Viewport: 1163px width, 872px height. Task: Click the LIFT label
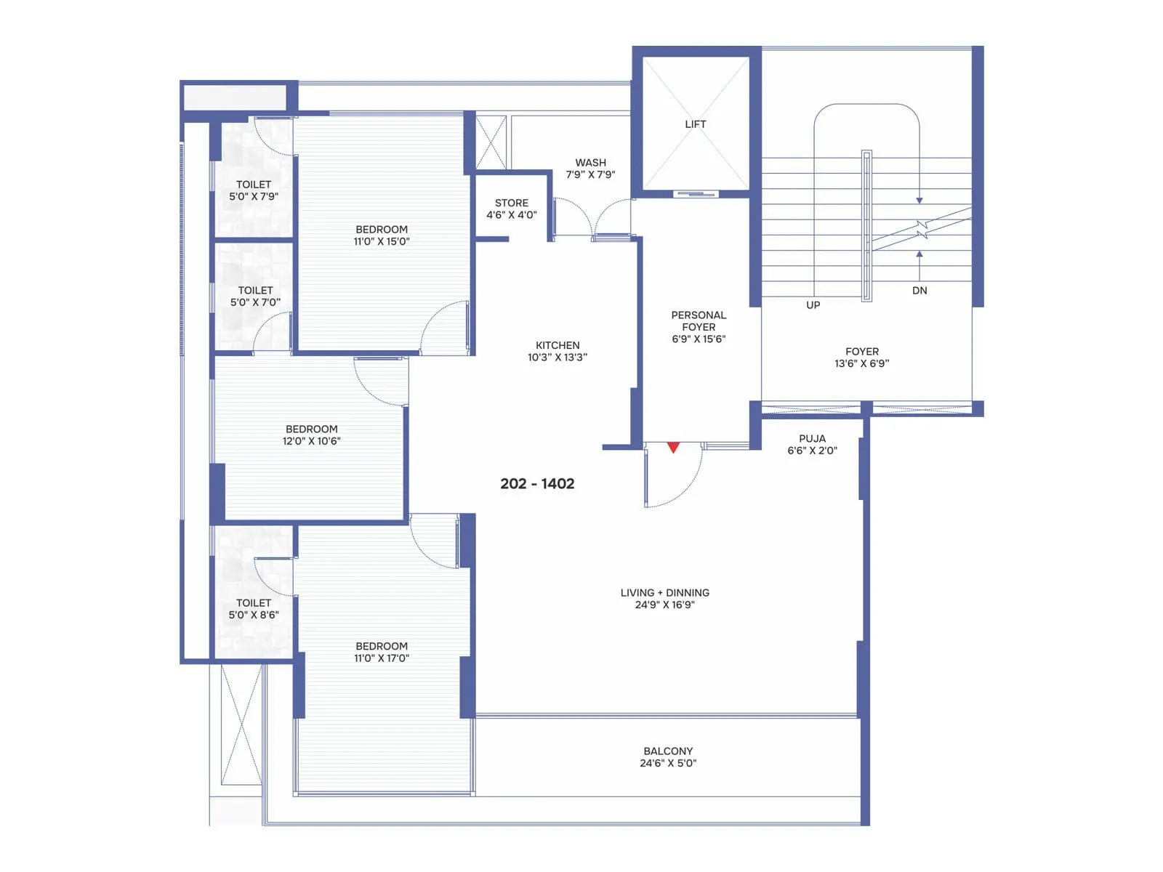point(695,124)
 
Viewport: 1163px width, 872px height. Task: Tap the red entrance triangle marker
point(673,448)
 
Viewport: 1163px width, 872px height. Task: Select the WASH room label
point(590,163)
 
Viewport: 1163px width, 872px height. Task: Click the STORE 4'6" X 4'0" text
point(512,209)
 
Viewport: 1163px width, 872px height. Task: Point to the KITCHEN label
point(558,345)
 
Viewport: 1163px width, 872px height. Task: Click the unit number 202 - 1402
point(537,484)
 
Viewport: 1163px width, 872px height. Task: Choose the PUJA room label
point(812,439)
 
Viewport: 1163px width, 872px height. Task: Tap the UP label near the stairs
point(813,305)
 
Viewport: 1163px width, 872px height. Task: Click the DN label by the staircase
point(919,291)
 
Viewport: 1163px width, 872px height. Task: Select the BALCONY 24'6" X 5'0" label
point(668,757)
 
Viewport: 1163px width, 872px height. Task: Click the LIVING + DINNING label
point(665,593)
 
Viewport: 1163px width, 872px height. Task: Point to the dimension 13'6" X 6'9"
point(861,363)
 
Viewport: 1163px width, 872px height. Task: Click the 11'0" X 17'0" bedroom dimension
point(382,658)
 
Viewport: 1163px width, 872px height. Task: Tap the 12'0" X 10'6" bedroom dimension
point(311,441)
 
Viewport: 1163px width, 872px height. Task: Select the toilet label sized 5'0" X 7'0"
point(255,291)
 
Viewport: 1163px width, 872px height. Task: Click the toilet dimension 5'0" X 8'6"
point(254,615)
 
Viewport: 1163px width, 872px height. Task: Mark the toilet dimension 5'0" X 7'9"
point(254,197)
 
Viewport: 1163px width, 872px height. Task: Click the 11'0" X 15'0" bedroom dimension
point(382,241)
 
